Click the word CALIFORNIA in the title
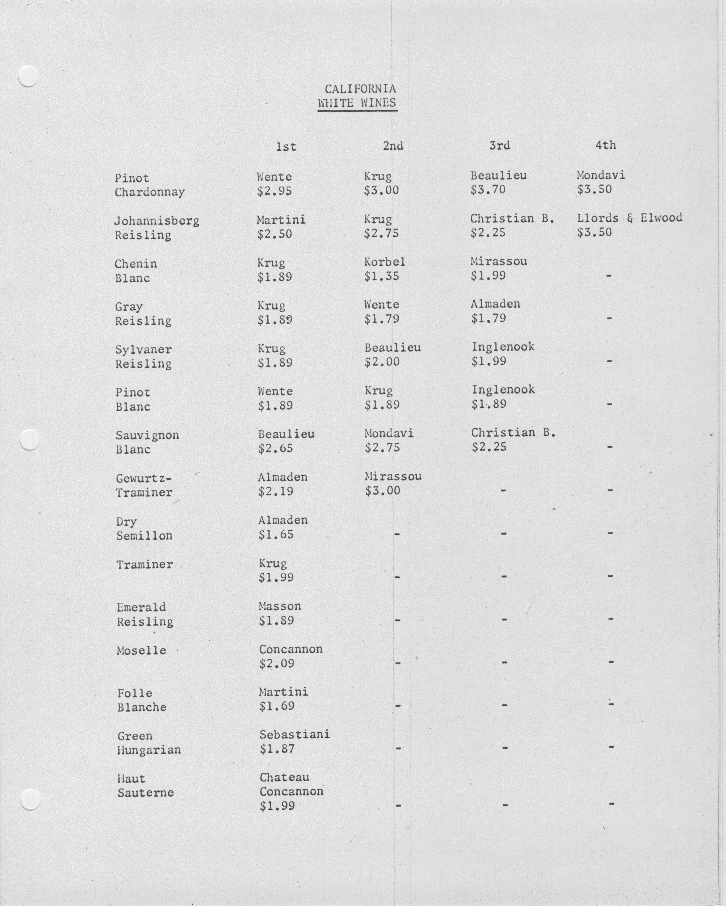(x=360, y=89)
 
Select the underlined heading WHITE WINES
(x=357, y=103)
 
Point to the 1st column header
(x=286, y=147)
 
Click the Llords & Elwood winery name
(x=629, y=218)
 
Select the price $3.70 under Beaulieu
(x=488, y=190)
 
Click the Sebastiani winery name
(x=294, y=734)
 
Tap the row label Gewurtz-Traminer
(x=144, y=485)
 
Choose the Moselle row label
(x=141, y=650)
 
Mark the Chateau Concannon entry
(x=291, y=784)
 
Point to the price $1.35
(x=381, y=277)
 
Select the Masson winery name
(x=280, y=606)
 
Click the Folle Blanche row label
(x=142, y=700)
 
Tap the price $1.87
(x=277, y=749)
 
